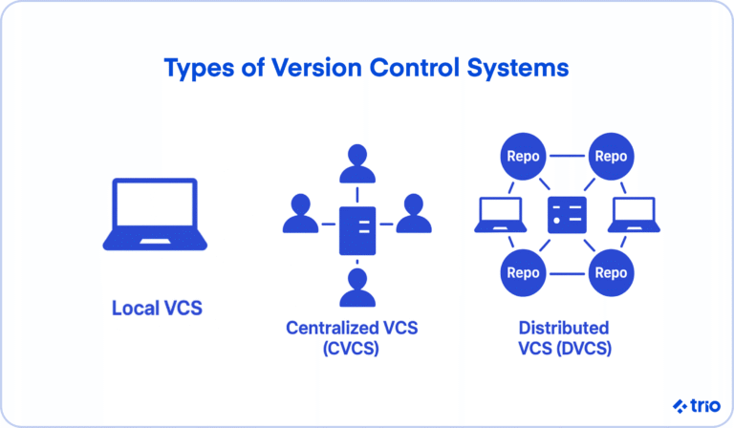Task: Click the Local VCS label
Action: pyautogui.click(x=158, y=309)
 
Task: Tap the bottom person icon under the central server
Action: pyautogui.click(x=357, y=287)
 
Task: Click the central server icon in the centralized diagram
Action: pyautogui.click(x=357, y=228)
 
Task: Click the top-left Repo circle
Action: pyautogui.click(x=523, y=155)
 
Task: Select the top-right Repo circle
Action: pyautogui.click(x=611, y=155)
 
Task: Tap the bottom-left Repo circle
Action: pyautogui.click(x=523, y=272)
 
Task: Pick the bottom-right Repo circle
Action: pyautogui.click(x=611, y=272)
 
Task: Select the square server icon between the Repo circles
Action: pyautogui.click(x=566, y=214)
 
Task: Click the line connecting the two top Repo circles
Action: pyautogui.click(x=567, y=155)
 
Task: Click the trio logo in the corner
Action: pyautogui.click(x=695, y=404)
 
